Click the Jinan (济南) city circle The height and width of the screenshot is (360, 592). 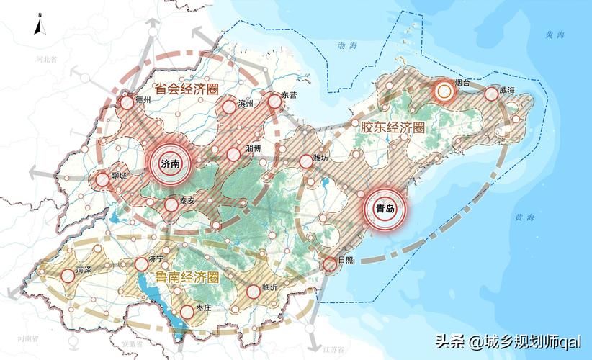click(171, 164)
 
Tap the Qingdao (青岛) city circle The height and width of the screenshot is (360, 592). click(385, 208)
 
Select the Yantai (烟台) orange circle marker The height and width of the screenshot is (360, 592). click(444, 91)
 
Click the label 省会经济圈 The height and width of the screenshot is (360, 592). click(187, 89)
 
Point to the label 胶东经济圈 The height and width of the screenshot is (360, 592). click(393, 127)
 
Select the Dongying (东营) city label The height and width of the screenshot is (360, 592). click(289, 95)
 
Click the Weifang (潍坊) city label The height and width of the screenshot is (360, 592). click(321, 158)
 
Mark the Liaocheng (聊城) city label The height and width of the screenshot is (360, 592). click(120, 175)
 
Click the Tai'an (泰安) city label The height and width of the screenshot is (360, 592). click(187, 201)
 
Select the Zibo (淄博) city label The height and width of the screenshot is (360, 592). click(253, 149)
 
